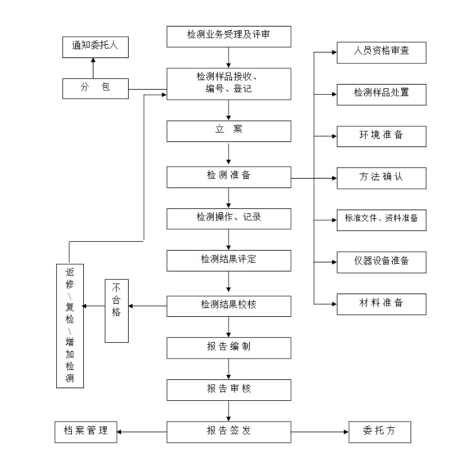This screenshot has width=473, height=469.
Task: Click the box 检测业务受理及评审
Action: click(x=229, y=36)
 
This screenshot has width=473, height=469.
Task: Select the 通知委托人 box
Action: click(x=95, y=45)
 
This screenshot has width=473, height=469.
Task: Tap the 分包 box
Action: click(x=95, y=88)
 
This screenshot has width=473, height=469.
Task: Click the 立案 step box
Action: click(x=229, y=131)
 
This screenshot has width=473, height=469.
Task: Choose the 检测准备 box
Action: click(x=229, y=176)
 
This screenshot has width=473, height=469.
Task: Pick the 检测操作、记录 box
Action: click(x=229, y=218)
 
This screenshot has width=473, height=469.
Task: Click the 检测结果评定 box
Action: click(x=229, y=260)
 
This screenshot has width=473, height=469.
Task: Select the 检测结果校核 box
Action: click(x=229, y=306)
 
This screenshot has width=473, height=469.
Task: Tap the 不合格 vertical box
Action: click(x=117, y=311)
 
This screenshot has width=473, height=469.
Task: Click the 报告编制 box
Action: click(x=229, y=347)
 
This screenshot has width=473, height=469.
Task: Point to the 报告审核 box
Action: click(x=229, y=389)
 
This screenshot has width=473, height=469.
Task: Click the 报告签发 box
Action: click(x=229, y=432)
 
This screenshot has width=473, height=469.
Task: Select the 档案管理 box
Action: click(x=86, y=432)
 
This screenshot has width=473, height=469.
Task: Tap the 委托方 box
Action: click(x=380, y=432)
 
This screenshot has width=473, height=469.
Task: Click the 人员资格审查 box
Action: click(x=381, y=52)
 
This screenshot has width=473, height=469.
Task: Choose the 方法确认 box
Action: click(x=381, y=178)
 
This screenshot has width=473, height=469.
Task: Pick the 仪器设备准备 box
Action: click(x=381, y=261)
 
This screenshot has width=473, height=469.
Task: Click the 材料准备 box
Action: click(x=381, y=303)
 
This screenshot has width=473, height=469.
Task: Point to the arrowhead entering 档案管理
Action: click(x=120, y=432)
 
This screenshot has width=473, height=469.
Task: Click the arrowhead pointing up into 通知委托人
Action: click(x=94, y=60)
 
